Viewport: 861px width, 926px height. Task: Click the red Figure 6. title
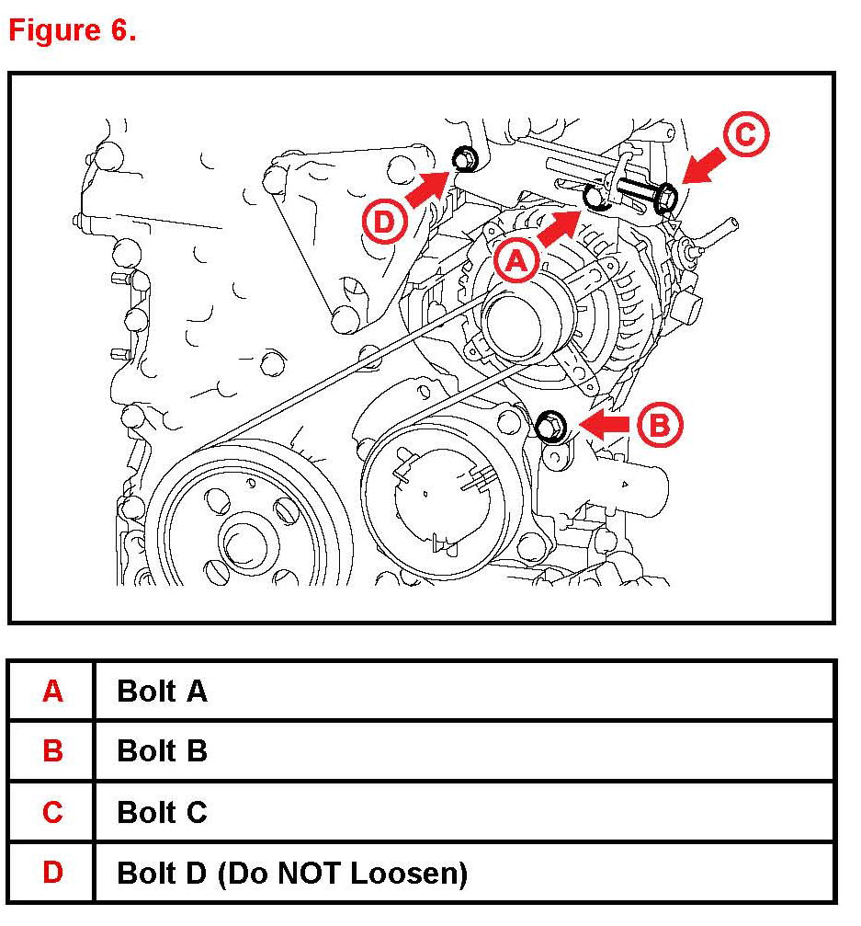(x=73, y=30)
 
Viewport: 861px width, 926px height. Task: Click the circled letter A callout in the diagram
(x=516, y=262)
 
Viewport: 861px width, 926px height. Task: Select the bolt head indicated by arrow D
(x=464, y=159)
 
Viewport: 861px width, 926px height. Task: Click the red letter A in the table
(x=52, y=691)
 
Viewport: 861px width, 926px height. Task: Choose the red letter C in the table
(x=52, y=812)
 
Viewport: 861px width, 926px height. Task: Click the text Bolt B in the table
(x=162, y=751)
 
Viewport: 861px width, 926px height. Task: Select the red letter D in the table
(x=52, y=873)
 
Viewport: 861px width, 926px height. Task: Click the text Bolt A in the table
(x=162, y=691)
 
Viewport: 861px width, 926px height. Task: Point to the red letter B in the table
(x=52, y=751)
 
